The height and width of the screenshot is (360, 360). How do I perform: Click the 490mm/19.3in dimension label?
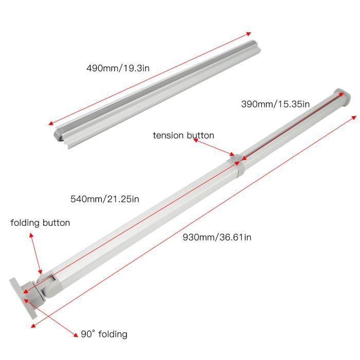click(x=118, y=68)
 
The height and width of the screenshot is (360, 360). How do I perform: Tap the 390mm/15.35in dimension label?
click(x=275, y=104)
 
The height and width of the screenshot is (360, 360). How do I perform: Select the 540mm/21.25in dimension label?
click(x=105, y=199)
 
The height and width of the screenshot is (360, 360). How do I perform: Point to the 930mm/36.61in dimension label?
click(x=217, y=237)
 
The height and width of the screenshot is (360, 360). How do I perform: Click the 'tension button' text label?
click(x=184, y=135)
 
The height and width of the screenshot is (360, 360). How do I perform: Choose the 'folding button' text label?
click(x=40, y=223)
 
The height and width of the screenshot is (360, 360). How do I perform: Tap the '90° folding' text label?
click(x=104, y=334)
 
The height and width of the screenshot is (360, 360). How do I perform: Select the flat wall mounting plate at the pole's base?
click(x=23, y=298)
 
